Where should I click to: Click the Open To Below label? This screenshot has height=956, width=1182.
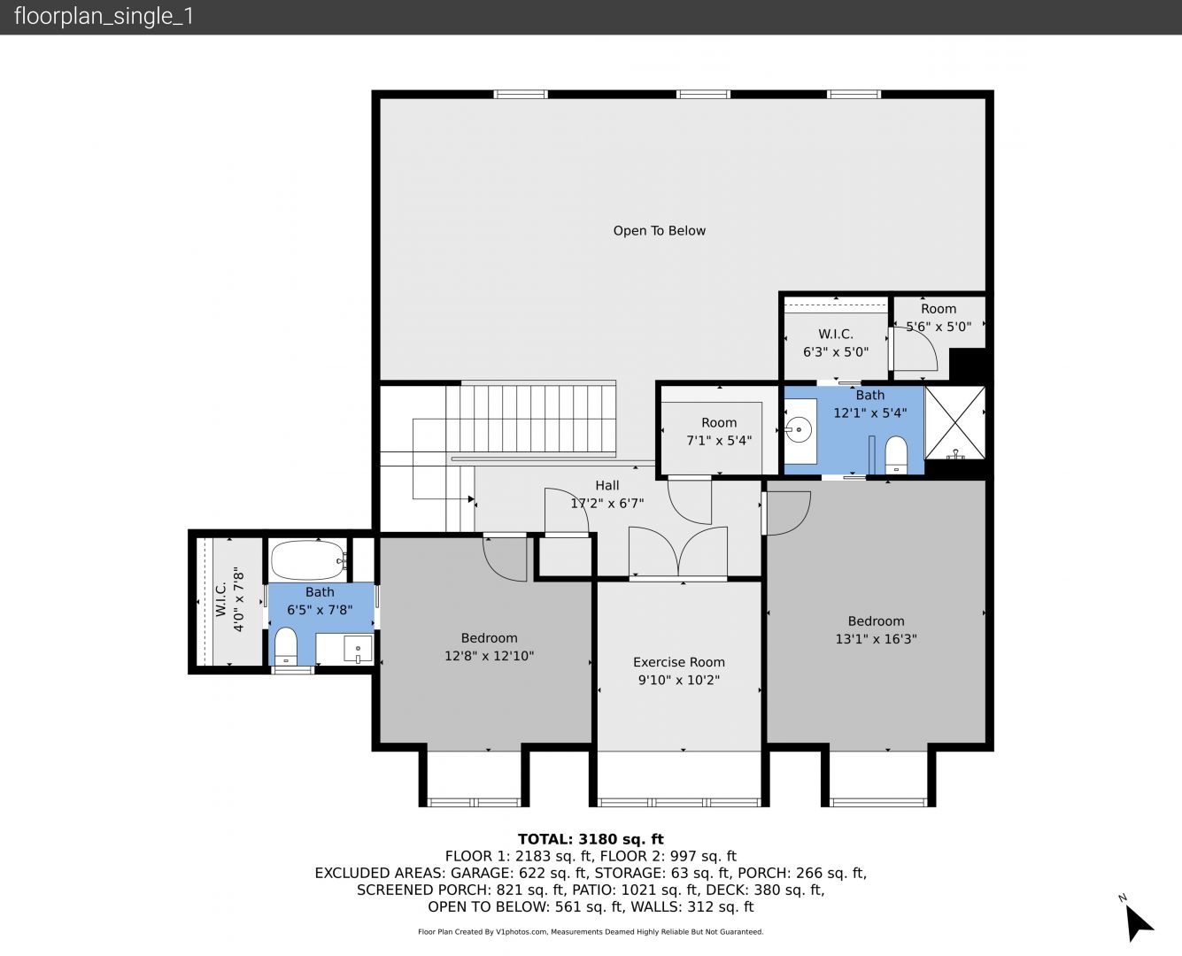pos(660,231)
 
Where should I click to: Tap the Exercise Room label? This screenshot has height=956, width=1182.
pos(679,662)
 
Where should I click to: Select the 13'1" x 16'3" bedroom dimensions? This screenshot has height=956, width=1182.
pos(876,638)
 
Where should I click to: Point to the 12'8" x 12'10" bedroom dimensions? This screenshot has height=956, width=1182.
pos(489,656)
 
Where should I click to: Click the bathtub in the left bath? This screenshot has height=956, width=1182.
pos(308,559)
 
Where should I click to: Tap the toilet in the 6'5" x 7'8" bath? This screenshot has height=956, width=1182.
pos(286,646)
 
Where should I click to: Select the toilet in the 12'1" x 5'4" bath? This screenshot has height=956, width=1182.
pos(896,456)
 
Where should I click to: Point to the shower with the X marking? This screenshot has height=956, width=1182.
pos(954,423)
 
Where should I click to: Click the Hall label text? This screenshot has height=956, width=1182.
pos(607,485)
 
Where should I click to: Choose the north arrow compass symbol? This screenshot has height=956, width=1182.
pos(1137,922)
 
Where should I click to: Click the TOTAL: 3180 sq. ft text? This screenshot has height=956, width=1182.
pos(591,839)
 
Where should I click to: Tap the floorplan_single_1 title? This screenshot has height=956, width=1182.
pos(104,17)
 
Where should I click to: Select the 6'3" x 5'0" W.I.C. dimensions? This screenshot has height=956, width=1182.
pos(836,351)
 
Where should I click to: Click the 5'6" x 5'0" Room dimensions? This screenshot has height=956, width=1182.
pos(939,327)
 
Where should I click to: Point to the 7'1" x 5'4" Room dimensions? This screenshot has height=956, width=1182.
pos(719,441)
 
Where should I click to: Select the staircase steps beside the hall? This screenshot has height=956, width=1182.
pos(531,419)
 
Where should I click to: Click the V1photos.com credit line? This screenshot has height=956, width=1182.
pos(591,931)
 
